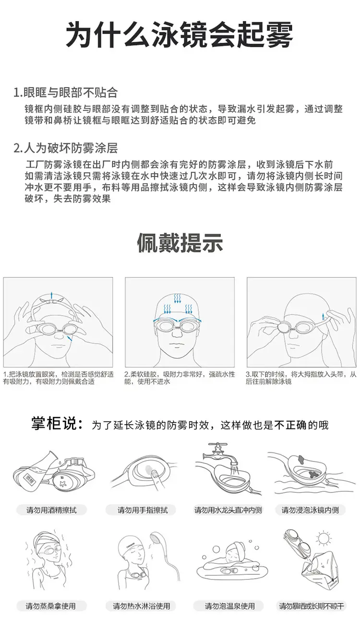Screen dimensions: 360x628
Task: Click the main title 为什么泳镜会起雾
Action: coord(180,36)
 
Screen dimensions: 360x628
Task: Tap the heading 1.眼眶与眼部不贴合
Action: coord(65,93)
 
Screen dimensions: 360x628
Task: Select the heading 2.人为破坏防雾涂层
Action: coord(65,148)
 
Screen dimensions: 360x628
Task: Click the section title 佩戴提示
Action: coord(180,243)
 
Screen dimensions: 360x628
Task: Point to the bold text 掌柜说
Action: coord(57,424)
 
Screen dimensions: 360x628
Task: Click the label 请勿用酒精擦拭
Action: coord(51,510)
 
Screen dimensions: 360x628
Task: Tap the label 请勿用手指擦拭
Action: coord(143,510)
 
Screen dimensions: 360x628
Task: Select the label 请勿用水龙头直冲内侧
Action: coord(228,510)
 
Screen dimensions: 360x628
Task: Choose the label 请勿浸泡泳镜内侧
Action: coord(311,510)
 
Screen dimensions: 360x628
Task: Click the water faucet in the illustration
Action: coord(220,454)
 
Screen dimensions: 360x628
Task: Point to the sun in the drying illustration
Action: coord(324,537)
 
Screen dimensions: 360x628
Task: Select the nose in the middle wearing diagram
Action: coord(177,333)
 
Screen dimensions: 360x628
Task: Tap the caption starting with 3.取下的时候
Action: coord(301,378)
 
